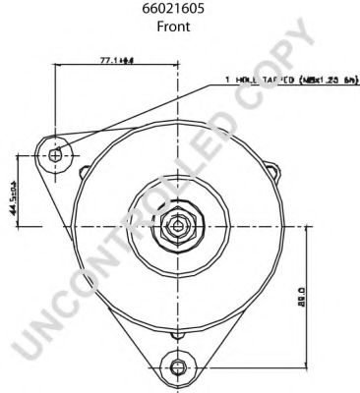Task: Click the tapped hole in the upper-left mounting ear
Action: pos(54,154)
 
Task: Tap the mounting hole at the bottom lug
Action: pos(177,367)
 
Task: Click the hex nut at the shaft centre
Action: pos(177,226)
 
